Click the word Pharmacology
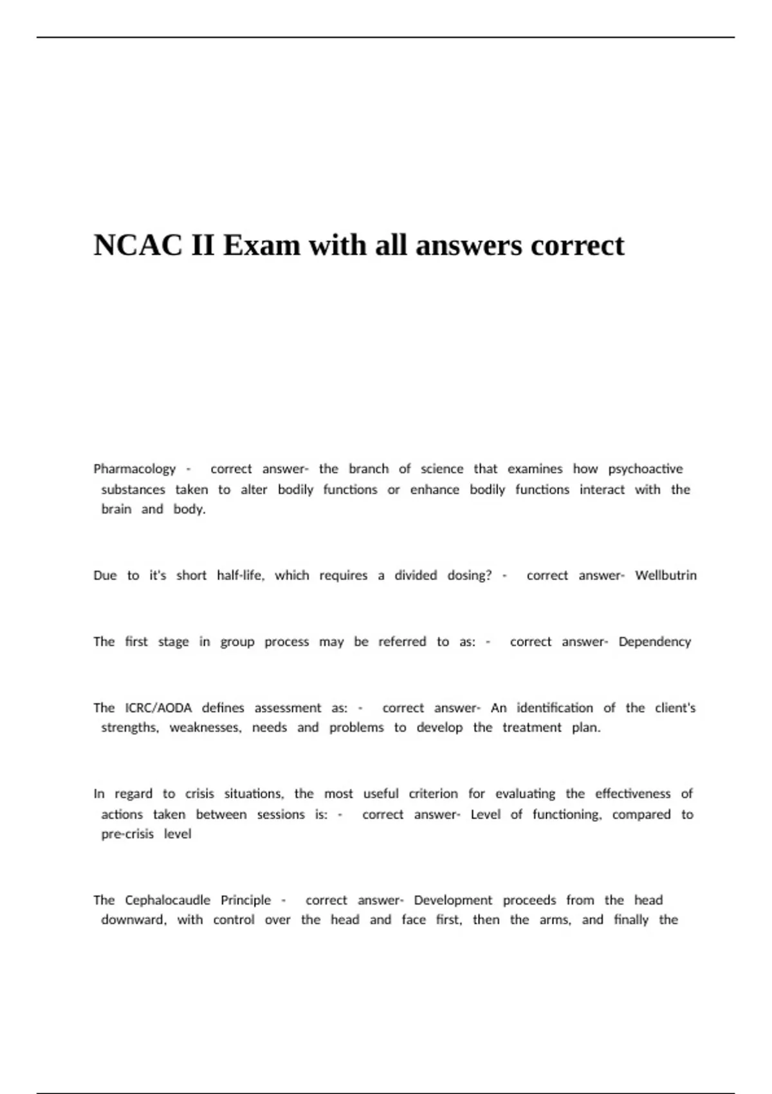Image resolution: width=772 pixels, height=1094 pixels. point(134,469)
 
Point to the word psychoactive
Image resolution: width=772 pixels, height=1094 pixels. point(645,469)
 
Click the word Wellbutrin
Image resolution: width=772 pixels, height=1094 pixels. point(666,575)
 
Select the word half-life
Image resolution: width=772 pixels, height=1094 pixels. point(241,575)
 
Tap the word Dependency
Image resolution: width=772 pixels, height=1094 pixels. point(654,642)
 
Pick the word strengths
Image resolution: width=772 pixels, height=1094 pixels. point(129,728)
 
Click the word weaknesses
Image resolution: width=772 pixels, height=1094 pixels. point(205,728)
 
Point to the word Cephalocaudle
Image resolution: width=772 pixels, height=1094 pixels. point(167,900)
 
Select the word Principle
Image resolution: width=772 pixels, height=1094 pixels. point(246,900)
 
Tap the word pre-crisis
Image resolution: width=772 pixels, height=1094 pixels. point(127,834)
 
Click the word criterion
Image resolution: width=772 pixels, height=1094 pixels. point(433,794)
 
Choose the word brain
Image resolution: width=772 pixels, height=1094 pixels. point(116,509)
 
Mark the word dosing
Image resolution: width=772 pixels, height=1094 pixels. point(469,575)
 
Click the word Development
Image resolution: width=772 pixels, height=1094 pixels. point(453,900)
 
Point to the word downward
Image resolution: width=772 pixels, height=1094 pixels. point(133,920)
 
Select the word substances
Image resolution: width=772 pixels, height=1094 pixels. point(133,490)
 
